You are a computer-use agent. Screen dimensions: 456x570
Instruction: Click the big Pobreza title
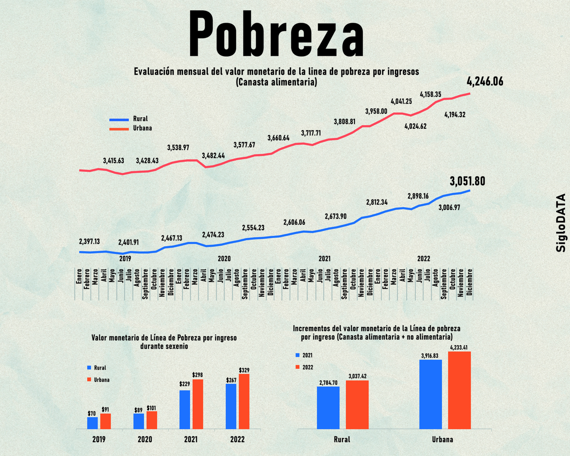pos(276,33)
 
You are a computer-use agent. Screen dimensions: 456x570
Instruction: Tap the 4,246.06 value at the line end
pos(485,81)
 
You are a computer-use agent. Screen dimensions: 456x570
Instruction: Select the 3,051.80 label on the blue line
pos(467,181)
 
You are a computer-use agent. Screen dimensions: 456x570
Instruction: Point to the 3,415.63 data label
pos(113,161)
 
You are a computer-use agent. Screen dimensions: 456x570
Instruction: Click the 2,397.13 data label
pos(89,241)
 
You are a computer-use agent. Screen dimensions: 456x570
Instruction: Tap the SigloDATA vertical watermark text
pos(561,223)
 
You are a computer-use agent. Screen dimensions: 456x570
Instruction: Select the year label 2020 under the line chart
pos(224,259)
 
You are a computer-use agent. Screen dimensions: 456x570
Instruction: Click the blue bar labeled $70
pos(92,423)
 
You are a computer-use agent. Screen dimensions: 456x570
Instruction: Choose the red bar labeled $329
pos(244,401)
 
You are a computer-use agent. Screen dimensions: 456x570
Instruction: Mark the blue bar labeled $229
pos(185,410)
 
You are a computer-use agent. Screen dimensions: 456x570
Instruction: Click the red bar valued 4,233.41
pos(459,391)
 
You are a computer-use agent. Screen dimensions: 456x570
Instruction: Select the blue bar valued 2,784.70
pos(328,407)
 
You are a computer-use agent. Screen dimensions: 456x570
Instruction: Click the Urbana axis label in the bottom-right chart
pos(442,440)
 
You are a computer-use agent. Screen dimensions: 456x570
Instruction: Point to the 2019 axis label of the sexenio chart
pos(99,440)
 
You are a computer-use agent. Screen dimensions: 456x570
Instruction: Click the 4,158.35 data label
pos(431,94)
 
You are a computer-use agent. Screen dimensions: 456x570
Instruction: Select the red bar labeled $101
pos(152,420)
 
